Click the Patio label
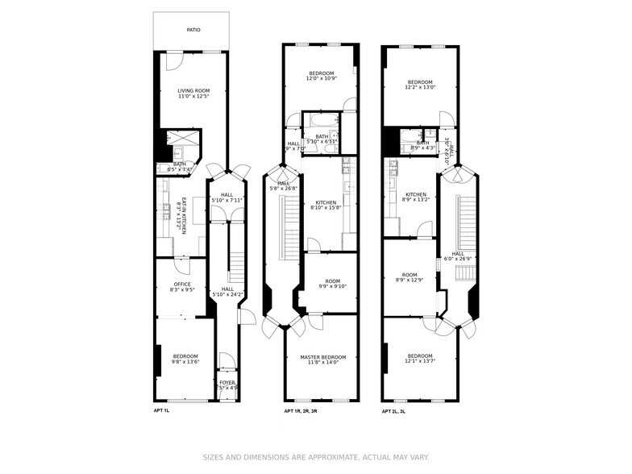193,30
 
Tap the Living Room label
193,94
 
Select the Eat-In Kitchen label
184,216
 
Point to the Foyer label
227,386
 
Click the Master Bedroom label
322,360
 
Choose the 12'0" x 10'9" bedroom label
321,76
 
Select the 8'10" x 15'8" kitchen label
326,206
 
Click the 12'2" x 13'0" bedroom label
420,85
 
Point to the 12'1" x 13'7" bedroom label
419,359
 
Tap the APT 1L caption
162,411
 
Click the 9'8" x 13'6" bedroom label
185,359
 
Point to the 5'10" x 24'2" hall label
227,292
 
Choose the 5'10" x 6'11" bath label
322,139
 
